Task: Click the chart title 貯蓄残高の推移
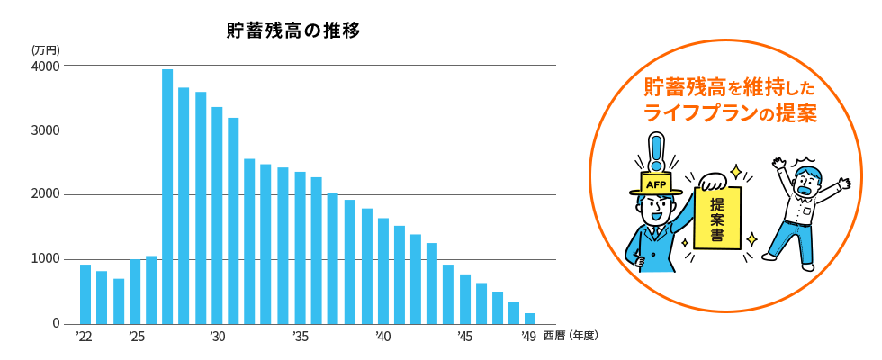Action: click(293, 31)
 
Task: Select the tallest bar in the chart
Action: click(167, 196)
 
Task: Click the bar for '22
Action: click(85, 294)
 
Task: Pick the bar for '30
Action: click(217, 215)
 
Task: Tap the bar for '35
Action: click(300, 247)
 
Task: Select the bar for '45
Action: click(465, 299)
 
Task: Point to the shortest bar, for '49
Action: click(530, 319)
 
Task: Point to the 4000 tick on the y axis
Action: click(45, 67)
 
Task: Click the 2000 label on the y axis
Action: click(45, 195)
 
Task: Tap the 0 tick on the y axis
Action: click(55, 324)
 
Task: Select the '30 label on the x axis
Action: click(217, 337)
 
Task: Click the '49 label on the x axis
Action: click(529, 337)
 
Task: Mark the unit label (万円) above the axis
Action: click(44, 49)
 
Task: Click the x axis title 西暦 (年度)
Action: click(571, 337)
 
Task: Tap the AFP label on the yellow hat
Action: click(654, 184)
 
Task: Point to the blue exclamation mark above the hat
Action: click(657, 153)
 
